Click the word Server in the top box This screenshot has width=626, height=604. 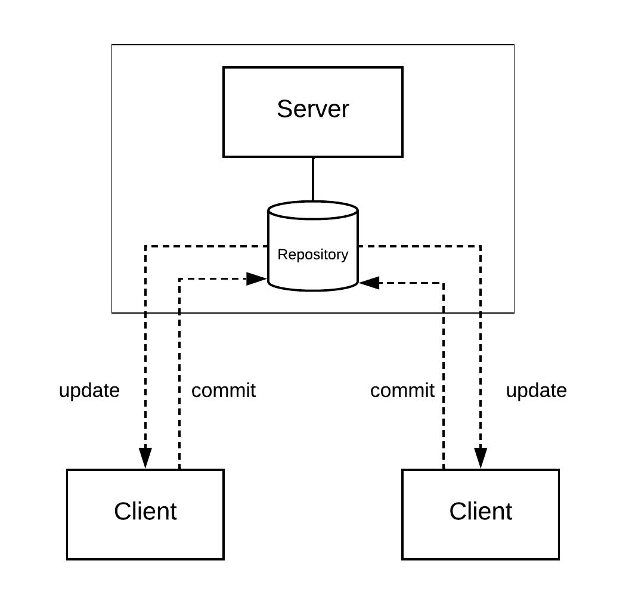pyautogui.click(x=312, y=109)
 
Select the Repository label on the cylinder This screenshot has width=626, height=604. pyautogui.click(x=312, y=255)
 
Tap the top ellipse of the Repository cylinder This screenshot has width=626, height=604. pyautogui.click(x=312, y=210)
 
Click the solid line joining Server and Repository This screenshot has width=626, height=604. pyautogui.click(x=312, y=179)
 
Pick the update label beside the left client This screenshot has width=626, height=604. pyautogui.click(x=89, y=391)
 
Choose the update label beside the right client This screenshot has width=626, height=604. pyautogui.click(x=536, y=391)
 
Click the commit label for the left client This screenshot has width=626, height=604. pyautogui.click(x=223, y=391)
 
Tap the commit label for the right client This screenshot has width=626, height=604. pyautogui.click(x=402, y=391)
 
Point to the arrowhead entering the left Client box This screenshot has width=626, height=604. pyautogui.click(x=145, y=459)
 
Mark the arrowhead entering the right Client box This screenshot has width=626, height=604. pyautogui.click(x=481, y=459)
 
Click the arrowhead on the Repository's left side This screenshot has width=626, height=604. pyautogui.click(x=257, y=278)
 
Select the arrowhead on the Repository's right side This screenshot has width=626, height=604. pyautogui.click(x=369, y=283)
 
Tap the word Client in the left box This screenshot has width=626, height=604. pyautogui.click(x=145, y=512)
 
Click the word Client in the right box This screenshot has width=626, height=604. pyautogui.click(x=481, y=512)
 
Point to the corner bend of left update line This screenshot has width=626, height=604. pyautogui.click(x=145, y=246)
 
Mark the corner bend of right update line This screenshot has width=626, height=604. pyautogui.click(x=481, y=246)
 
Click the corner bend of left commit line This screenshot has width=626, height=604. pyautogui.click(x=179, y=278)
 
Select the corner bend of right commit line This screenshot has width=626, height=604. pyautogui.click(x=444, y=283)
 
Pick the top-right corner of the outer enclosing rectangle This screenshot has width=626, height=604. pyautogui.click(x=514, y=45)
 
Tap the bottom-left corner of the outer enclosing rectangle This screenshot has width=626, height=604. pyautogui.click(x=112, y=312)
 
